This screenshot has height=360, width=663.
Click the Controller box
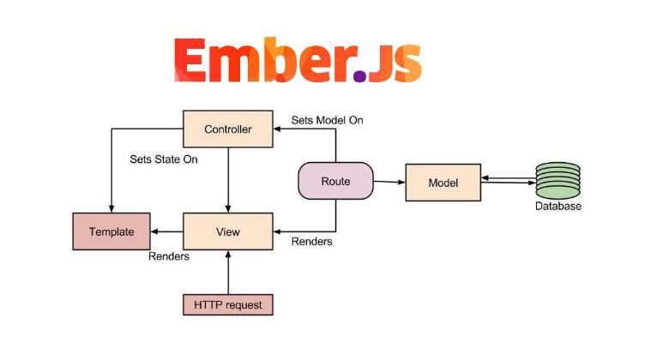pos(228,129)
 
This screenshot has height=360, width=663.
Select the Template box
pos(111,232)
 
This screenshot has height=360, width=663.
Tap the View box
pos(228,232)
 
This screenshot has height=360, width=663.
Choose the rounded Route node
pos(335,181)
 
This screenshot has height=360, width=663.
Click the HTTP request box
pos(228,304)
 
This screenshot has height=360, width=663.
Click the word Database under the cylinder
pos(558,207)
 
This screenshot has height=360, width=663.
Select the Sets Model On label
pos(327,120)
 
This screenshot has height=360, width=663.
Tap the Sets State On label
pos(164,159)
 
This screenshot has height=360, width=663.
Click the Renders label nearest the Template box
pos(169,255)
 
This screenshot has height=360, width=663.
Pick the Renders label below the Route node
pos(312,242)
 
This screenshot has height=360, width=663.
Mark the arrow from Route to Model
pos(389,182)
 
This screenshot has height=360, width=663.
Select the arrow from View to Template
pos(167,232)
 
